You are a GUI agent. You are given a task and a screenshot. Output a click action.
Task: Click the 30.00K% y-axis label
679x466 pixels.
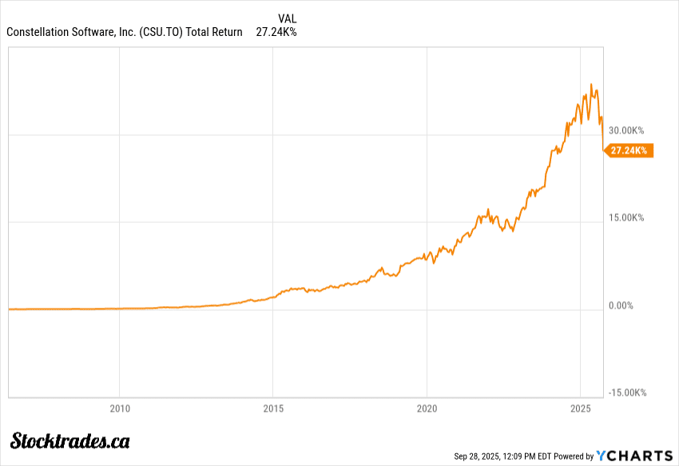click(626, 130)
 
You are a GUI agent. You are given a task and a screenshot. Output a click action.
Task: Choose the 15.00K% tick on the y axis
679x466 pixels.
click(626, 217)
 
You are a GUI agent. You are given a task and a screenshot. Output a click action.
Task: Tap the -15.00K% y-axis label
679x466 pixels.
click(628, 392)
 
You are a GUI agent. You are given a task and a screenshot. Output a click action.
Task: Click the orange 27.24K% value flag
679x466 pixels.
click(630, 150)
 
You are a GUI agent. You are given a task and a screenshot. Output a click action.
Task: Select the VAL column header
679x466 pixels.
click(287, 18)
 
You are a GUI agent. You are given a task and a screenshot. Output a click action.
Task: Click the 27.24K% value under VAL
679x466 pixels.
click(276, 32)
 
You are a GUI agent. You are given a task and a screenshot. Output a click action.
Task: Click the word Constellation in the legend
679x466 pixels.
click(39, 32)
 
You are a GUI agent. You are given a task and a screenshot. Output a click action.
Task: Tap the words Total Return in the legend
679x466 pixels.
click(214, 32)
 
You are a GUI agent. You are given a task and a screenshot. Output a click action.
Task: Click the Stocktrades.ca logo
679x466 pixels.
click(70, 440)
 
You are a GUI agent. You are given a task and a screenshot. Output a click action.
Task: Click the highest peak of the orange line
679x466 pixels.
click(591, 83)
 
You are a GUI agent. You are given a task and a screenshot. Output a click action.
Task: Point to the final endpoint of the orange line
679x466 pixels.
click(603, 150)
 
